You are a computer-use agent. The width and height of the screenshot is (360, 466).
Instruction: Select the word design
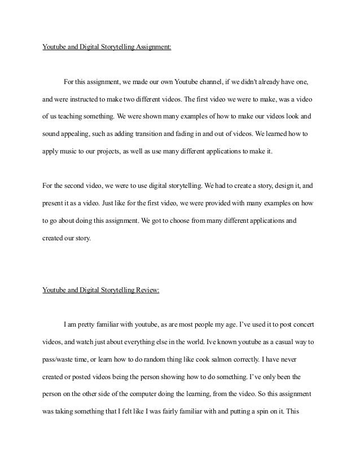[274, 184]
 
